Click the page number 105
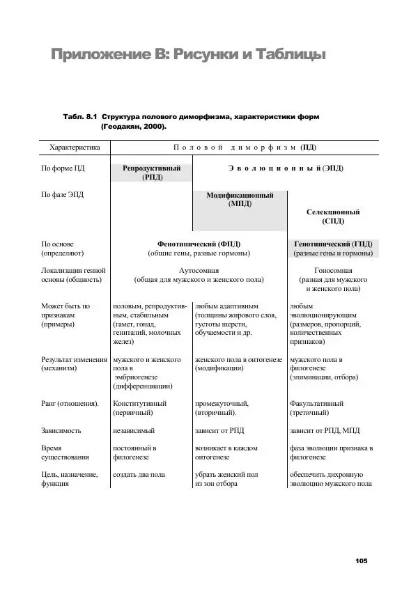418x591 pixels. (x=360, y=561)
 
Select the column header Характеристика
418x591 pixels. (x=75, y=148)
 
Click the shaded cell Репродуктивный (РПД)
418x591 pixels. (x=151, y=173)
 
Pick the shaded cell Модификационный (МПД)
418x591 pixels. (x=240, y=200)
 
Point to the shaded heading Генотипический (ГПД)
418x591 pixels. (x=333, y=244)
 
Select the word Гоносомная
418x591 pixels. (x=333, y=270)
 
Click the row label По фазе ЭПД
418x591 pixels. (x=63, y=195)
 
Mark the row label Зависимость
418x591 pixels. (x=61, y=430)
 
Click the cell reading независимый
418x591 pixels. (x=134, y=430)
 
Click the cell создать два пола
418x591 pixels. (x=139, y=474)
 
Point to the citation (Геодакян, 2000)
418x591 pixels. (x=134, y=128)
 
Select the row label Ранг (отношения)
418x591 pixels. (x=70, y=403)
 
